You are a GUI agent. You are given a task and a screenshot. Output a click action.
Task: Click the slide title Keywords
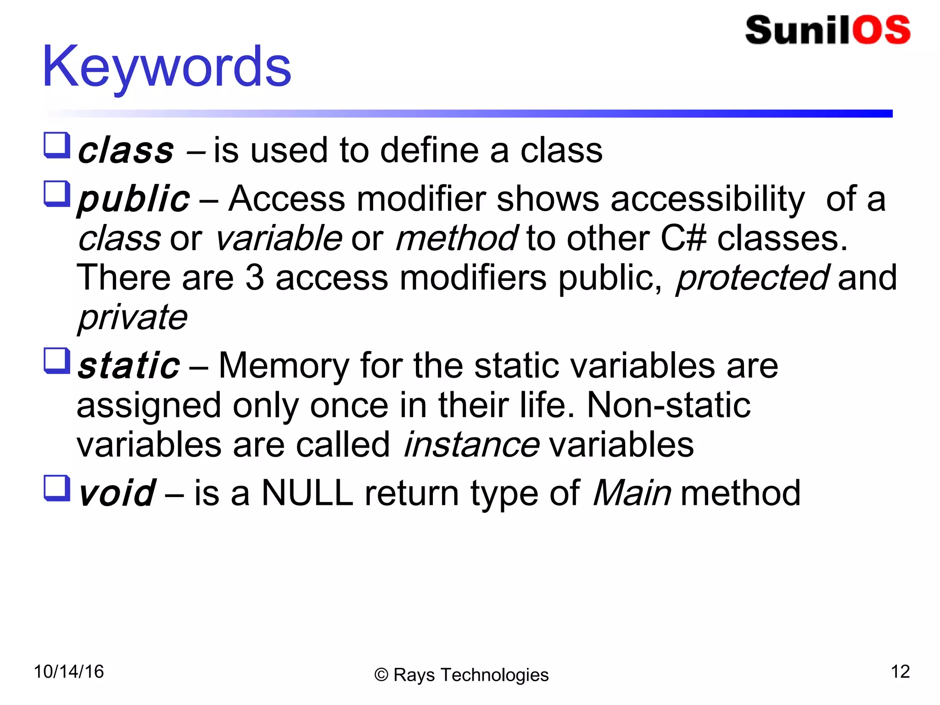click(166, 67)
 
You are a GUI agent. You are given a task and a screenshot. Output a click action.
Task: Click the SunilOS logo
click(828, 30)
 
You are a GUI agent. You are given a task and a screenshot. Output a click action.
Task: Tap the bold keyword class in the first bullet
click(126, 151)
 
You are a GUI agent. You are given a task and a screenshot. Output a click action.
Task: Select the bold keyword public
click(133, 199)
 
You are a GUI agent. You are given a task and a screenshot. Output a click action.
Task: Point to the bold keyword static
click(129, 366)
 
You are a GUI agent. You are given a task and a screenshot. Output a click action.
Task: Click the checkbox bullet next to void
click(57, 487)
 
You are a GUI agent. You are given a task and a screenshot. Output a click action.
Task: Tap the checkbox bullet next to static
click(57, 360)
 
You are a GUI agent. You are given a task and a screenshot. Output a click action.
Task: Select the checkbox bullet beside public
click(57, 194)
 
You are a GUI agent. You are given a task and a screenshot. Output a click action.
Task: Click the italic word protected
click(752, 278)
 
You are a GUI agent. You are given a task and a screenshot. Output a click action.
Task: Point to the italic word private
click(133, 318)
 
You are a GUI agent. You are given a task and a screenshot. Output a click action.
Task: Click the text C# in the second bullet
click(683, 239)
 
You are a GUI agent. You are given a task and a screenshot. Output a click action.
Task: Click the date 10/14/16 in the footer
click(69, 672)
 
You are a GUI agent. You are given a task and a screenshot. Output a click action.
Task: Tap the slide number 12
click(900, 672)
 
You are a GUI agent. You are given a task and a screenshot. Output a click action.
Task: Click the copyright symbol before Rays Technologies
click(381, 675)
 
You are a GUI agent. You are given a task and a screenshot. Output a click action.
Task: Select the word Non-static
click(668, 406)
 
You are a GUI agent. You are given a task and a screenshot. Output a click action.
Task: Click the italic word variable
click(279, 239)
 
